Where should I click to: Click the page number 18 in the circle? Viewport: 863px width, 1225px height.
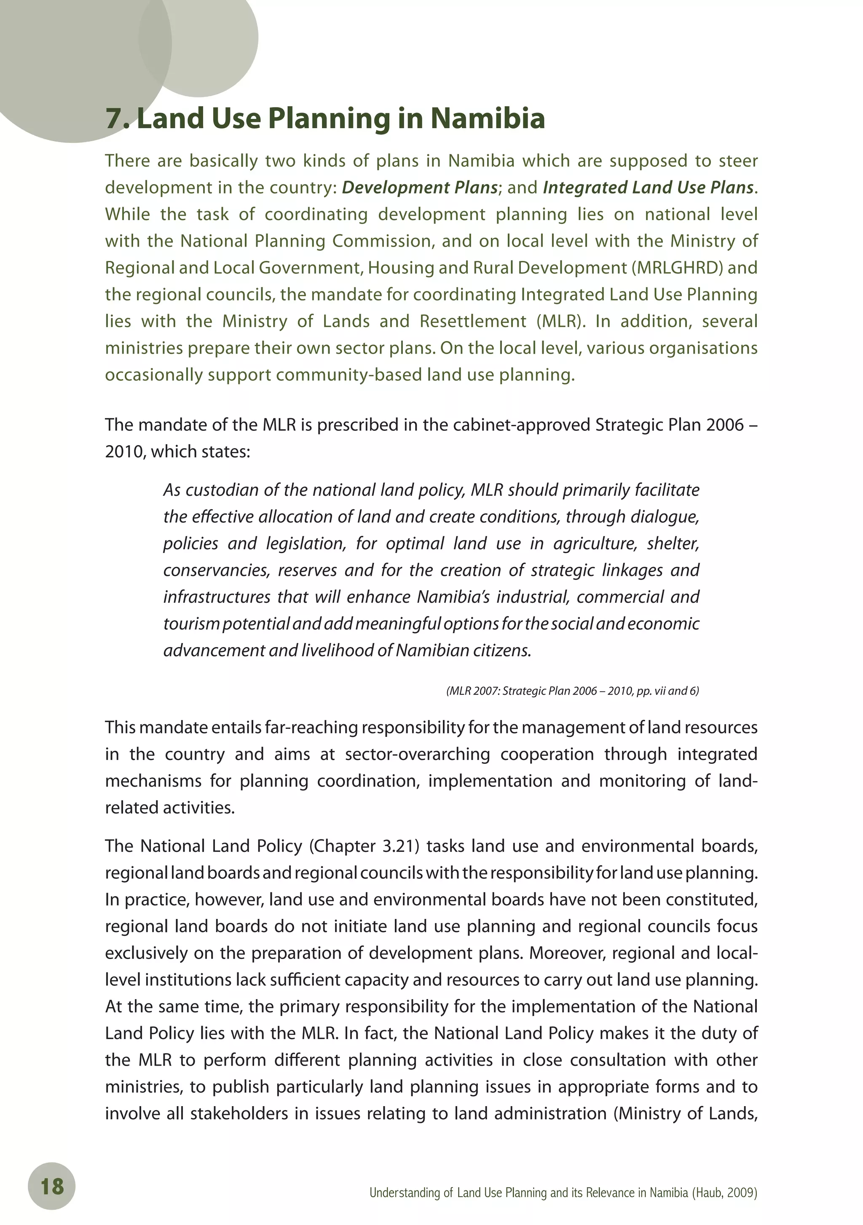click(52, 1186)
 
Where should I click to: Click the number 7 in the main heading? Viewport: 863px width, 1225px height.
click(114, 118)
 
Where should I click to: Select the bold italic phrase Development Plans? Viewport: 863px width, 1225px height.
click(420, 188)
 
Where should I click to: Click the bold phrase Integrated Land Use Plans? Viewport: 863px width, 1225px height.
click(648, 188)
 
